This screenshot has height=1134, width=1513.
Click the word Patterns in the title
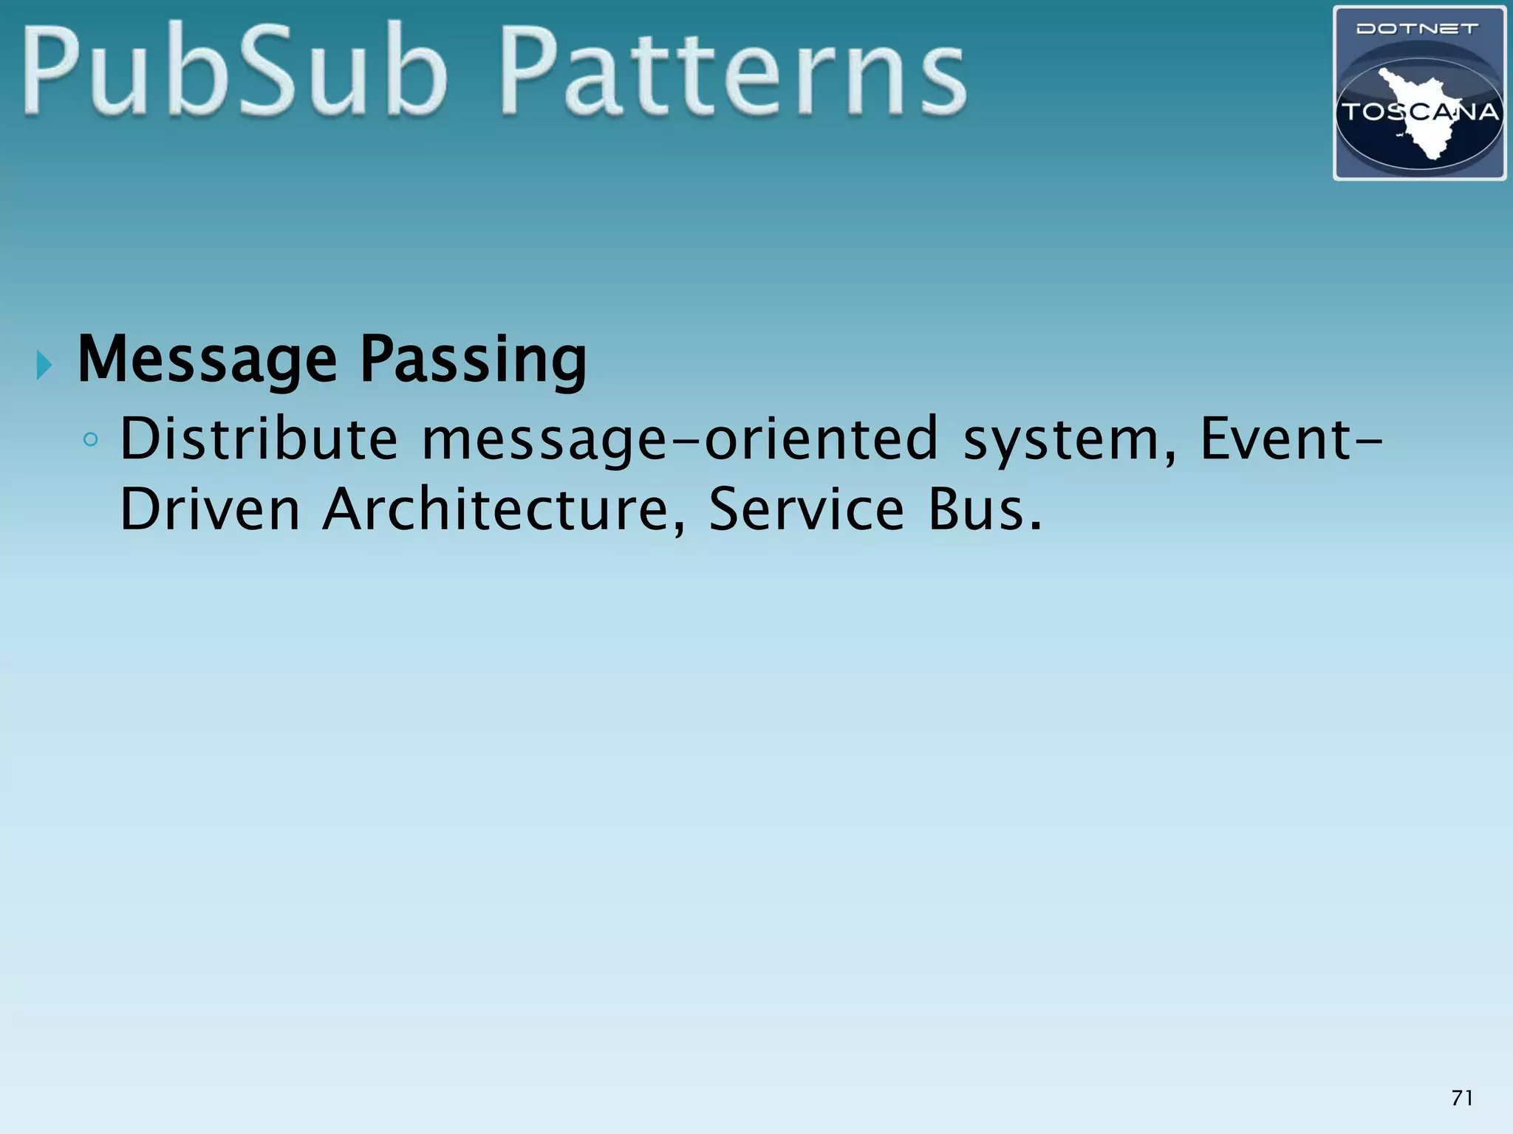point(733,74)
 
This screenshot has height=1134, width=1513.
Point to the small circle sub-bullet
point(90,441)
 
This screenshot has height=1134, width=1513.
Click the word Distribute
point(259,439)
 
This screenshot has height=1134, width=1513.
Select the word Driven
point(210,509)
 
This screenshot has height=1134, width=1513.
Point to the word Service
point(806,509)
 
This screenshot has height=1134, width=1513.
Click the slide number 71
point(1462,1098)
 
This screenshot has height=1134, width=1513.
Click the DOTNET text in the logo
point(1418,30)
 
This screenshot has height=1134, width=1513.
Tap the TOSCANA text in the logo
point(1419,112)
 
